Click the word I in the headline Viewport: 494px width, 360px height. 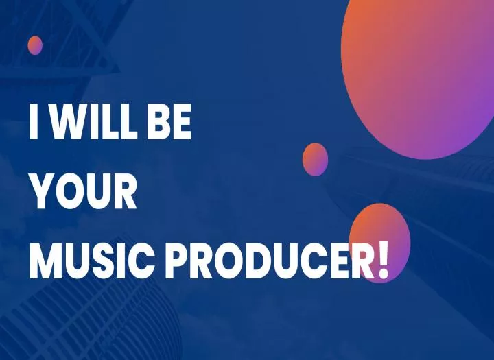[34, 121]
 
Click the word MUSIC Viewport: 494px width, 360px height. [92, 261]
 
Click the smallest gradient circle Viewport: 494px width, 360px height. [35, 45]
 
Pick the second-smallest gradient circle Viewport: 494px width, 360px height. [315, 159]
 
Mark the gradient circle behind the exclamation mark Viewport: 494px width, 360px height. [379, 243]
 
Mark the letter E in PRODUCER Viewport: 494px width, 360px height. [340, 261]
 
